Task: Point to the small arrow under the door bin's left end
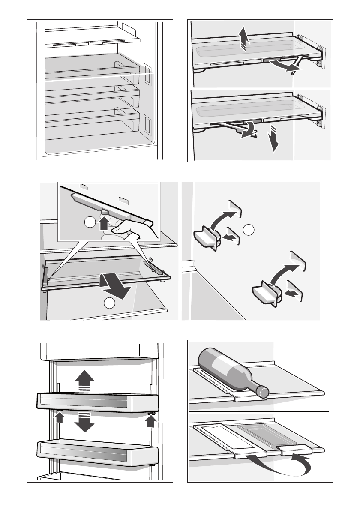coord(60,416)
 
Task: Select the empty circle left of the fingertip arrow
coord(90,223)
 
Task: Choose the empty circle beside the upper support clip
coord(249,230)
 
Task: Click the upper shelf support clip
coord(206,238)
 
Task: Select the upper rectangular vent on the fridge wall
coord(147,73)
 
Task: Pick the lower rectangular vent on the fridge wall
coord(147,124)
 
